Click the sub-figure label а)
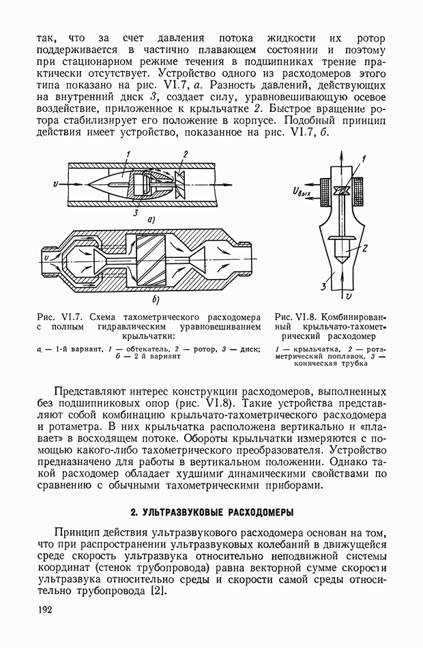pyautogui.click(x=152, y=220)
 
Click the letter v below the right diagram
pyautogui.click(x=349, y=297)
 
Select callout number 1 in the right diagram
pyautogui.click(x=364, y=158)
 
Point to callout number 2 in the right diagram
pyautogui.click(x=366, y=248)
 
